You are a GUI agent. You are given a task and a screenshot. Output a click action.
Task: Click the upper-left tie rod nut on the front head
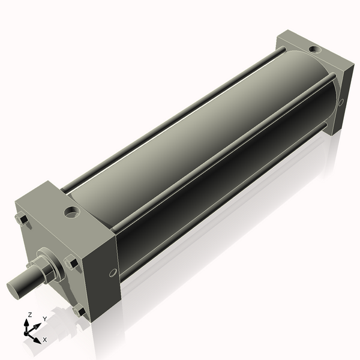[22, 220]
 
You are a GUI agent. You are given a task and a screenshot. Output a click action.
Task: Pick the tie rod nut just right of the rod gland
[71, 262]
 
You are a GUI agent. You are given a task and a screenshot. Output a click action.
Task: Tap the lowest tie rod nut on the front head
[79, 311]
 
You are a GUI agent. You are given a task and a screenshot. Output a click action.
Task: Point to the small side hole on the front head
[113, 274]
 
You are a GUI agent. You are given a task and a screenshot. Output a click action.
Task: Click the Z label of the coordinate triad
[29, 315]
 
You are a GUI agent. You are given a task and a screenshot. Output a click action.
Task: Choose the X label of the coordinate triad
[44, 340]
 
